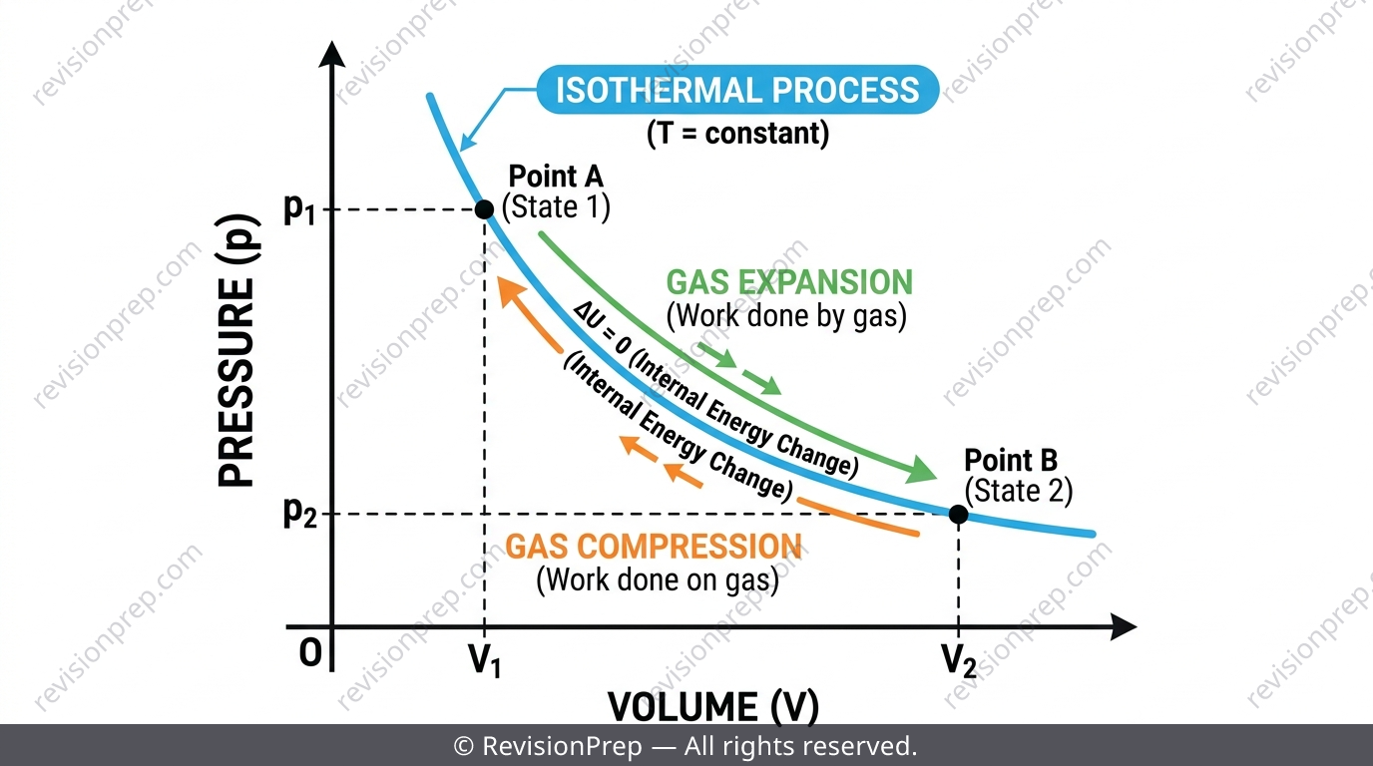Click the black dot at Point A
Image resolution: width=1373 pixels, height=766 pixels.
[484, 209]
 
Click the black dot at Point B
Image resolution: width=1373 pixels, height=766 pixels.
[958, 514]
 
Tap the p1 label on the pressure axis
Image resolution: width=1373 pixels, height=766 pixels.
[299, 210]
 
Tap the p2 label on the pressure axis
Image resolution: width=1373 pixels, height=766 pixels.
[299, 513]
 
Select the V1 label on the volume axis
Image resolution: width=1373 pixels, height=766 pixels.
[485, 660]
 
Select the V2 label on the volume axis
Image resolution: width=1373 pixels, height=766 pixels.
[959, 660]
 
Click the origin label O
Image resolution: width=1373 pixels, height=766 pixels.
[310, 652]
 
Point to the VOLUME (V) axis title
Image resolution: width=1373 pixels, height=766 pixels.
[713, 706]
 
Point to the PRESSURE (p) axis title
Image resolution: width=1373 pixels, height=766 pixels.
[237, 350]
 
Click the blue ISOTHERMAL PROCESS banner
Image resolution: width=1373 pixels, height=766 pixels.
[737, 90]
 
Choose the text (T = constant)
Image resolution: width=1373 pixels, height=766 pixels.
[738, 134]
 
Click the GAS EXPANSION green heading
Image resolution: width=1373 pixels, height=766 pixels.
[789, 282]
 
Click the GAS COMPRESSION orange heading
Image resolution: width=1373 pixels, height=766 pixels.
[654, 547]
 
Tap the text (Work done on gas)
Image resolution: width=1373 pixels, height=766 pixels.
[658, 579]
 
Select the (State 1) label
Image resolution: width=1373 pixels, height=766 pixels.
[556, 207]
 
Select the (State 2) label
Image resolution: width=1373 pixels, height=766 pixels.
[1019, 491]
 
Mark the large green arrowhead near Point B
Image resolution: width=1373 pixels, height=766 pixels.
[921, 471]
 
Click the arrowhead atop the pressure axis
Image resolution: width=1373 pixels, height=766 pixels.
[332, 54]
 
